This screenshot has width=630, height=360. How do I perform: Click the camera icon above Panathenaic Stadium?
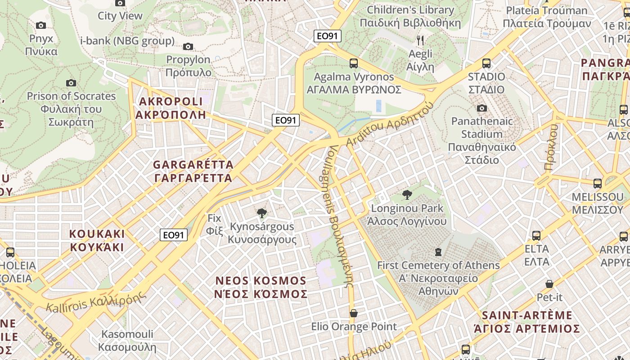tap(482, 108)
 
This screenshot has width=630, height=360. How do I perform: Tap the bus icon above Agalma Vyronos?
tap(354, 63)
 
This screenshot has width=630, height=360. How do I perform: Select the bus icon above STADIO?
tap(486, 63)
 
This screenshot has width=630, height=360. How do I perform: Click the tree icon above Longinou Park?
tap(407, 195)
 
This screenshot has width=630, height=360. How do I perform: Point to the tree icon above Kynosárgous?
tap(261, 213)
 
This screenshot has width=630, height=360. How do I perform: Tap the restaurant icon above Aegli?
tap(420, 40)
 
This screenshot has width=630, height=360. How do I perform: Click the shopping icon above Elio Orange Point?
tap(354, 313)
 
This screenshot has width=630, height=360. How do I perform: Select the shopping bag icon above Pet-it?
tap(549, 284)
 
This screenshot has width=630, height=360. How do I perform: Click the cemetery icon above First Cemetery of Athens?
tap(438, 252)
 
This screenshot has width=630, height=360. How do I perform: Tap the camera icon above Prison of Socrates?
tap(71, 83)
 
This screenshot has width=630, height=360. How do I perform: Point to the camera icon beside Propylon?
tap(188, 46)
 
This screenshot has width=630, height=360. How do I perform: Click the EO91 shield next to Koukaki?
tap(174, 235)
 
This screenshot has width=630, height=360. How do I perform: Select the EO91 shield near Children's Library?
tap(328, 36)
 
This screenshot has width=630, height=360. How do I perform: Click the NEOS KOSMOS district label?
tap(261, 287)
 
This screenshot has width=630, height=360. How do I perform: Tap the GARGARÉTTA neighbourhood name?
tap(193, 171)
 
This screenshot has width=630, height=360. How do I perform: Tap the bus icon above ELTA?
tap(536, 236)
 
